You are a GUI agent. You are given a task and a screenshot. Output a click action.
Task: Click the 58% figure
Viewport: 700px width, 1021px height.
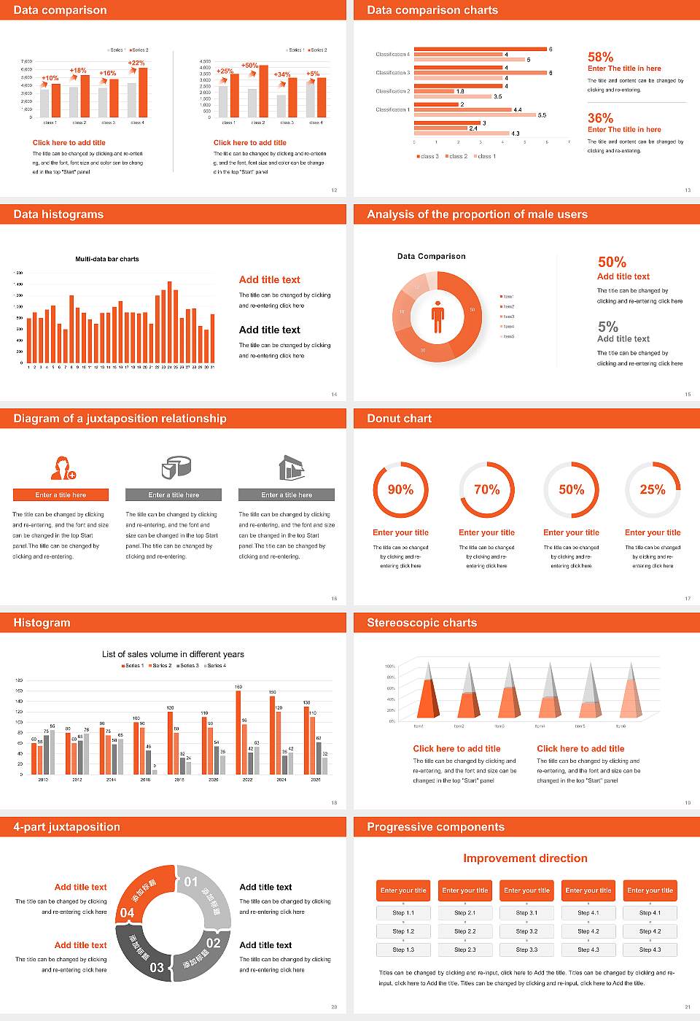coord(600,57)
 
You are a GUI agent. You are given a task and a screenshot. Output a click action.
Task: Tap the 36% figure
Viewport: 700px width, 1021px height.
coord(600,118)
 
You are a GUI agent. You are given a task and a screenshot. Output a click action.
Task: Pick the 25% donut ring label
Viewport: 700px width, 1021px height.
coord(652,489)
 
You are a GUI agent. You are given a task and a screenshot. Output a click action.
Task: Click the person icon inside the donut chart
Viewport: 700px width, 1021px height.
coord(437,317)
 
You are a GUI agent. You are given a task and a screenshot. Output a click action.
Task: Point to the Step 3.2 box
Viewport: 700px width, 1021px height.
coord(526,931)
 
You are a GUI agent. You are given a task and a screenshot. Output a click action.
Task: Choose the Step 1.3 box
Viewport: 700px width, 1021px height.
coord(403,950)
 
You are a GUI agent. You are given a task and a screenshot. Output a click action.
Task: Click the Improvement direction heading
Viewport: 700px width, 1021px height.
coord(525,858)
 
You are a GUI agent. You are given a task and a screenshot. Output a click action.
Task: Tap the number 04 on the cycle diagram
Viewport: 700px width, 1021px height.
coord(127,912)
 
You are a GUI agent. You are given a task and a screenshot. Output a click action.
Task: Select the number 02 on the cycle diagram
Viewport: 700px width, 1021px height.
coord(213,943)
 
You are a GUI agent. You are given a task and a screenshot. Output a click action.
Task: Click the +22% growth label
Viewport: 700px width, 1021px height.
coord(136,63)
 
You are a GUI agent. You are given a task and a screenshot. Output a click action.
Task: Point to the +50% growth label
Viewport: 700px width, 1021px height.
coord(249,66)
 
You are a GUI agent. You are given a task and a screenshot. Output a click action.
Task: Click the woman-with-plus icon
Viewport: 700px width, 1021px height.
coord(63,467)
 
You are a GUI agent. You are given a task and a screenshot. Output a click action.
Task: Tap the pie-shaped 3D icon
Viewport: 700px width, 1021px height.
coord(175,467)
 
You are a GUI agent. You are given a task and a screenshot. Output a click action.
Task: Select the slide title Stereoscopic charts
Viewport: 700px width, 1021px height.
coord(421,623)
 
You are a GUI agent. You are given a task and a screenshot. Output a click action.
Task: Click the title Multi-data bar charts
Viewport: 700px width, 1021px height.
coord(107,259)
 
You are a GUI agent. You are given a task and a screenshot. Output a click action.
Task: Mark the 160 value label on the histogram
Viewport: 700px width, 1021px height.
coord(238,687)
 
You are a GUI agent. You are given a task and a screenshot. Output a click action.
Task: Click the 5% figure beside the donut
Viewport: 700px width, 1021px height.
coord(607,326)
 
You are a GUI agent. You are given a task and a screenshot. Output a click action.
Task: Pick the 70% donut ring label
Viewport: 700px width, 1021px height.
coord(486,489)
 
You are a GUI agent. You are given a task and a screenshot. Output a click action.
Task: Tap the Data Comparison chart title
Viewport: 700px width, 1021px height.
coord(431,256)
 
